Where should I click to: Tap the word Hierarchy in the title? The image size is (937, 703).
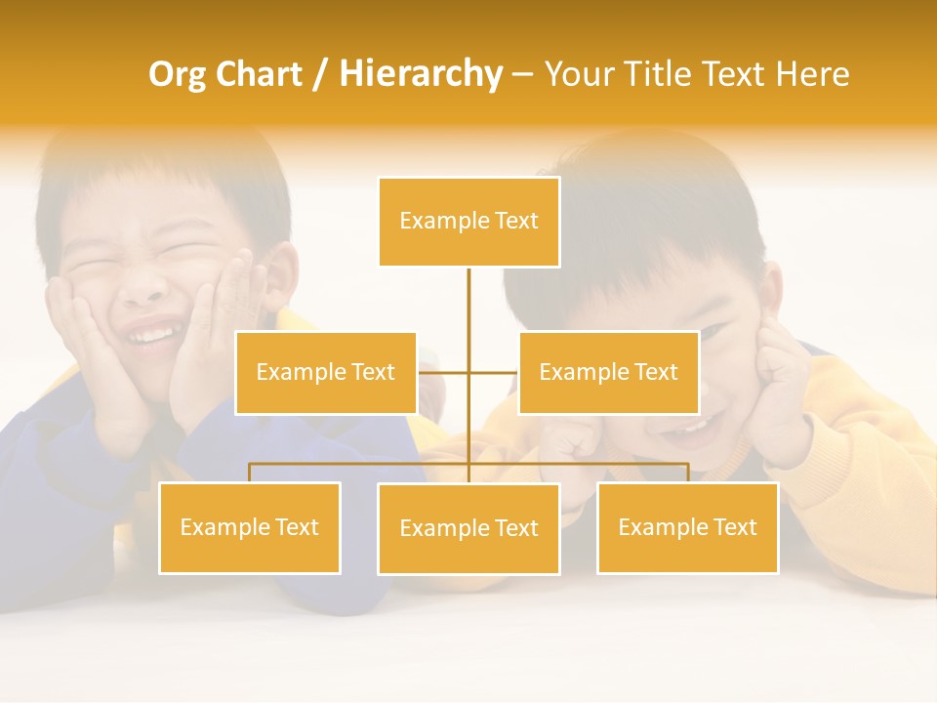click(x=420, y=74)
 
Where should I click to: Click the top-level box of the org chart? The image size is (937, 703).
click(x=468, y=222)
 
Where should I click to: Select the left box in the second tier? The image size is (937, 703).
click(x=326, y=373)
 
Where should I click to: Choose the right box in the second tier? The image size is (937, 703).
click(x=608, y=373)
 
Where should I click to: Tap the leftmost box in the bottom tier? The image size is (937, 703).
click(x=250, y=528)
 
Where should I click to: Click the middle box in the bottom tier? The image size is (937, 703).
click(x=468, y=529)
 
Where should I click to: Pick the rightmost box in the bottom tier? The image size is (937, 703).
click(x=687, y=528)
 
